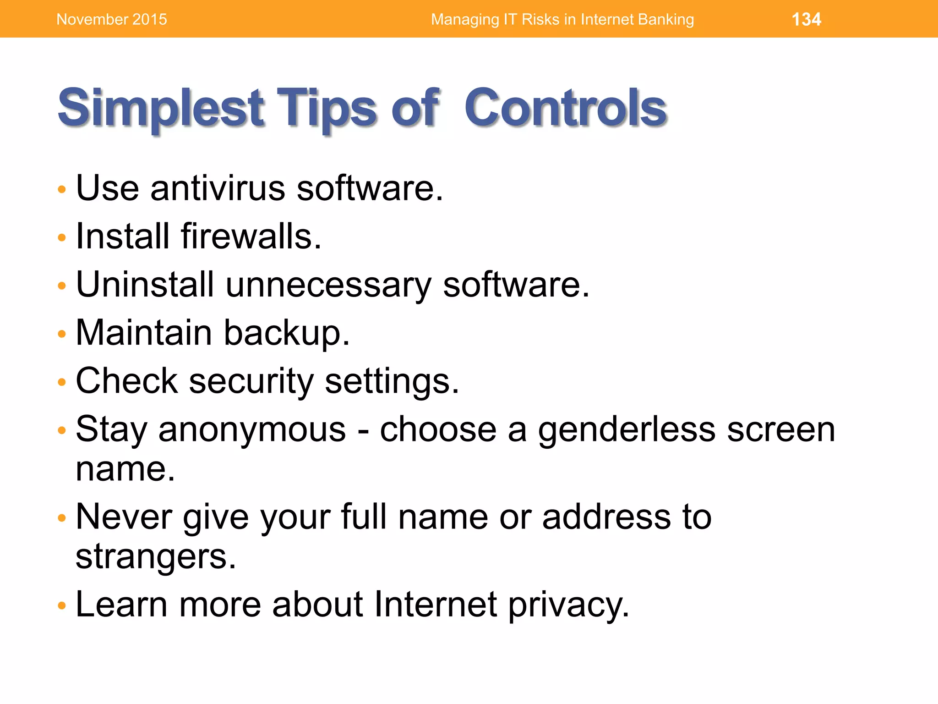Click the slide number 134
(806, 19)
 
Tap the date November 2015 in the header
(112, 19)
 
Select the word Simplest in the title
(161, 108)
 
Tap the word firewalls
(251, 236)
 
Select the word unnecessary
(328, 285)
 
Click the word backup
(287, 333)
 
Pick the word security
(251, 381)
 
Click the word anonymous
(252, 430)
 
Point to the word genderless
(627, 430)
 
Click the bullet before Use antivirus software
(62, 189)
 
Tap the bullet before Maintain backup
(62, 334)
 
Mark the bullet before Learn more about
(62, 605)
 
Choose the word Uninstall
(145, 284)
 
